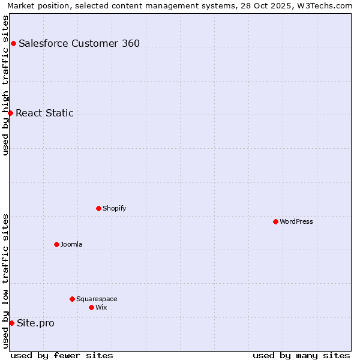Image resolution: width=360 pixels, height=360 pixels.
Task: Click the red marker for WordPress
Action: pyautogui.click(x=275, y=221)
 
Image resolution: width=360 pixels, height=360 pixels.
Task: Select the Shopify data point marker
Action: pyautogui.click(x=98, y=208)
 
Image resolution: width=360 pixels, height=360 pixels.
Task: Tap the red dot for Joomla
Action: pyautogui.click(x=56, y=244)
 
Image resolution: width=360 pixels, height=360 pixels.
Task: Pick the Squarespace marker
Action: pyautogui.click(x=72, y=299)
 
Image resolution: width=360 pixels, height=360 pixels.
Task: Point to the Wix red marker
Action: pyautogui.click(x=91, y=307)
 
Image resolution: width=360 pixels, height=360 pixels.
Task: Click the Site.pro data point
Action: pyautogui.click(x=11, y=323)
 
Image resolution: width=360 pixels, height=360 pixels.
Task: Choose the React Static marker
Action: pyautogui.click(x=10, y=113)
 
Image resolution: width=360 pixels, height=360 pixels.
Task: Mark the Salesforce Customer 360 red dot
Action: pyautogui.click(x=13, y=43)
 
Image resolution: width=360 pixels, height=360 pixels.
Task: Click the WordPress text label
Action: pyautogui.click(x=296, y=221)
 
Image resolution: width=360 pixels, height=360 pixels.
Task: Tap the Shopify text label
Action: pyautogui.click(x=114, y=208)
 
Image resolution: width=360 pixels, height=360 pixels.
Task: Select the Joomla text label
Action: pyautogui.click(x=71, y=244)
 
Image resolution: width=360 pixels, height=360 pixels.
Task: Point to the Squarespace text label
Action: pyautogui.click(x=97, y=299)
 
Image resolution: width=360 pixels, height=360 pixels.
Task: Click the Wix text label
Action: pyautogui.click(x=101, y=307)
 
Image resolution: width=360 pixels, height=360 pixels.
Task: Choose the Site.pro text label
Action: pyautogui.click(x=35, y=323)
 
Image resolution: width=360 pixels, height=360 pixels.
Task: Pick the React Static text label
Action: pyautogui.click(x=44, y=113)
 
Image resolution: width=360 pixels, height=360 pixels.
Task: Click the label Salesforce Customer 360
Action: pyautogui.click(x=79, y=43)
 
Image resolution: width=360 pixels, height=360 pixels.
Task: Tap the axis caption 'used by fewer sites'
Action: pyautogui.click(x=62, y=355)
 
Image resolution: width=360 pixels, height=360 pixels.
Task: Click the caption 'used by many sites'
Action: pyautogui.click(x=301, y=355)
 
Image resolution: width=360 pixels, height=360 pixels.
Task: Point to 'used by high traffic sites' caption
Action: pyautogui.click(x=5, y=85)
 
